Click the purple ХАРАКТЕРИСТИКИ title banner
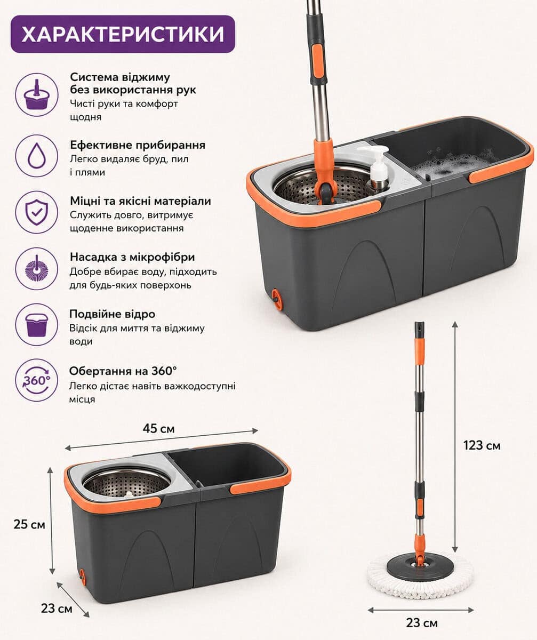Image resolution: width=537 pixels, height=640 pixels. point(123,34)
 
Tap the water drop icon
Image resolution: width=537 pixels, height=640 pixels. point(37,156)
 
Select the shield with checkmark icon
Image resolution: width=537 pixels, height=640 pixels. point(37,212)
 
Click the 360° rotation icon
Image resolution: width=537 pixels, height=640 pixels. point(37,380)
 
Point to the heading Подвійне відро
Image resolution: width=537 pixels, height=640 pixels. point(112,314)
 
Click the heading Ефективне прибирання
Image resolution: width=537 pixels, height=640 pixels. point(138,145)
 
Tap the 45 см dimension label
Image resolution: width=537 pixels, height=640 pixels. point(158,428)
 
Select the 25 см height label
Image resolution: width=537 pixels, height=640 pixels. point(29,524)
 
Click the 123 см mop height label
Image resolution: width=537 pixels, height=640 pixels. point(482,445)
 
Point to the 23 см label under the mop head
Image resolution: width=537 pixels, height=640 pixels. point(422,623)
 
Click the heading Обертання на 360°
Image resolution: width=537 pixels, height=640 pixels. point(123,371)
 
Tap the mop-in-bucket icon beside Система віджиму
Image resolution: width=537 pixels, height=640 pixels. point(37,95)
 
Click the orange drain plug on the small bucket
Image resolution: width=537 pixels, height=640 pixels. point(82,578)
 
